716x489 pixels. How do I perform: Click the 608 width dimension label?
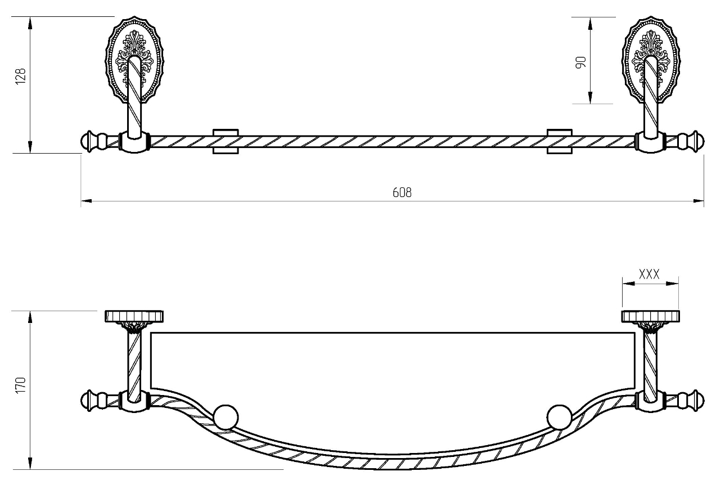click(x=402, y=192)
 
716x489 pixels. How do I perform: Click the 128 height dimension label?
click(x=20, y=76)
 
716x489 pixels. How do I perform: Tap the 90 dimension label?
click(x=581, y=62)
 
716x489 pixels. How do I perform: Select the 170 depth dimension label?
click(x=20, y=385)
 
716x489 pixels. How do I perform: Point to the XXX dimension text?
click(x=649, y=274)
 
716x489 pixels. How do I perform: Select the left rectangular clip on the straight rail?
click(x=226, y=141)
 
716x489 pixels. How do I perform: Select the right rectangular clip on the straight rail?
click(x=560, y=141)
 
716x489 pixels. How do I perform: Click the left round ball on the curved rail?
click(x=226, y=417)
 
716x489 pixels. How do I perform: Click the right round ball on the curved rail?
click(x=560, y=417)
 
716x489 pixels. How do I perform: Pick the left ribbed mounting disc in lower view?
click(x=134, y=316)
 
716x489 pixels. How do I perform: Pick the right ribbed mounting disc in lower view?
click(x=651, y=316)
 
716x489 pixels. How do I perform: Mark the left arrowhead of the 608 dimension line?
click(x=86, y=201)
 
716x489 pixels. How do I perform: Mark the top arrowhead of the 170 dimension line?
click(x=30, y=317)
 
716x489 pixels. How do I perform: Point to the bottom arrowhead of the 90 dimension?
click(x=590, y=97)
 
